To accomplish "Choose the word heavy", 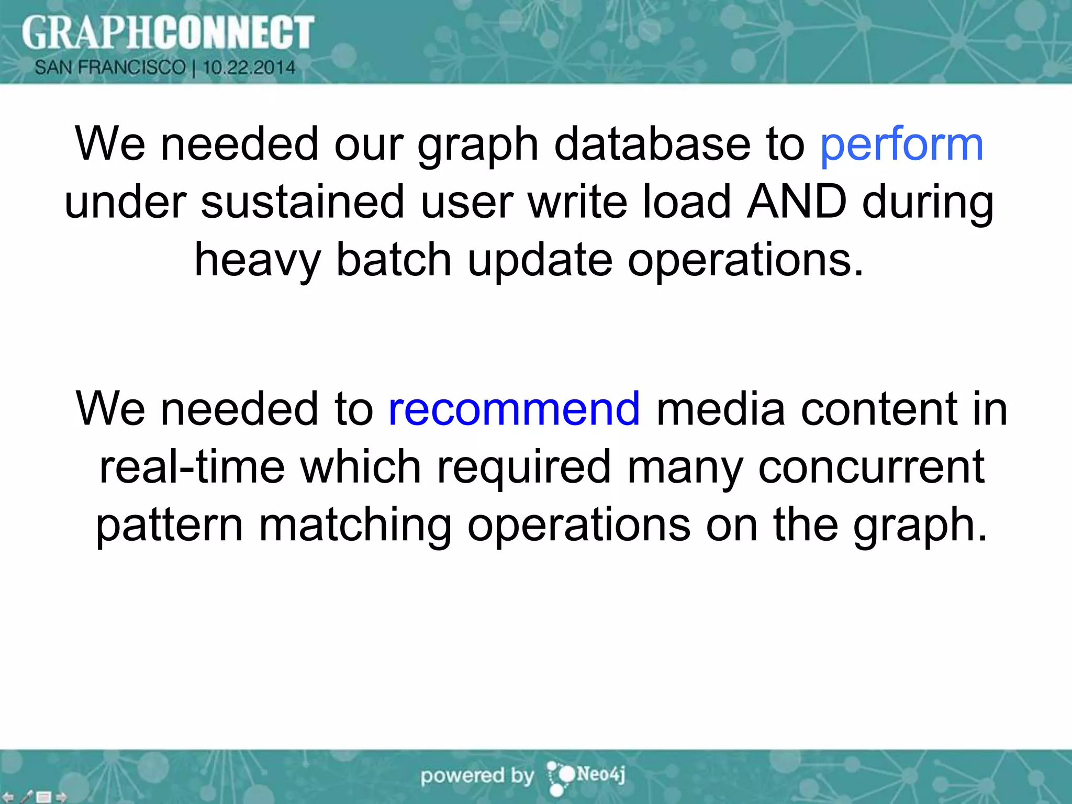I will (257, 261).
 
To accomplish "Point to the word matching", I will (355, 525).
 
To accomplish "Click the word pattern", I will (169, 525).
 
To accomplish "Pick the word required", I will (524, 467).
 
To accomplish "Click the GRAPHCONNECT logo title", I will (167, 32).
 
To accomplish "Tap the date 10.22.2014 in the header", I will (249, 68).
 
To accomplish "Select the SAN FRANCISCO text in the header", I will (110, 68).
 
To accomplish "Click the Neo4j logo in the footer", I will (586, 776).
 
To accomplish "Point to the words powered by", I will (477, 776).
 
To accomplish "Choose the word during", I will (928, 203).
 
